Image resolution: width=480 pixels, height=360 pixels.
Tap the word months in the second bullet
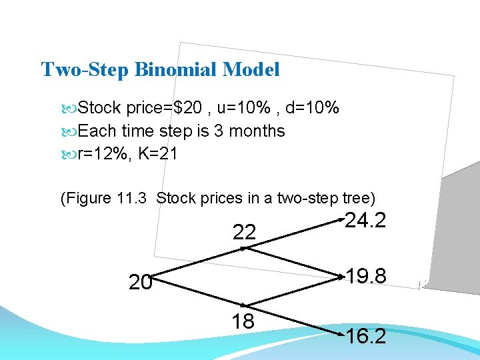[257, 131]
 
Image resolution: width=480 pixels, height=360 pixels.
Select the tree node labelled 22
[244, 232]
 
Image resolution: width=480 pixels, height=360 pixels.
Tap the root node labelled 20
[140, 283]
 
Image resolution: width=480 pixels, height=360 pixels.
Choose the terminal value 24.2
[365, 220]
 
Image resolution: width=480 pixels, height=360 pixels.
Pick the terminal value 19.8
[365, 275]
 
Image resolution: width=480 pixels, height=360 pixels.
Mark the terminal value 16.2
[365, 337]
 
